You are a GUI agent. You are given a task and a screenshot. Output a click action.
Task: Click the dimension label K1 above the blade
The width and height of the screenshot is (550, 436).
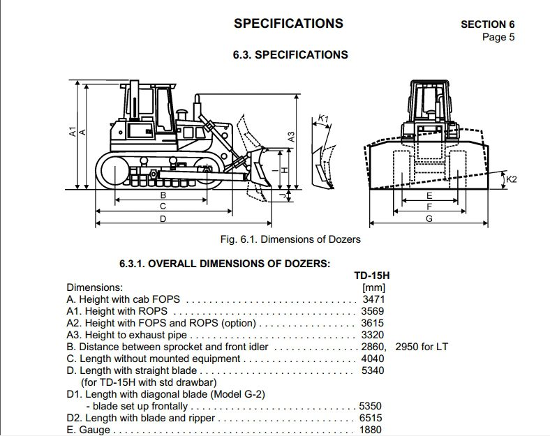tap(323, 119)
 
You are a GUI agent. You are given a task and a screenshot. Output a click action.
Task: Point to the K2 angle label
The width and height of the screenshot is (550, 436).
tap(512, 179)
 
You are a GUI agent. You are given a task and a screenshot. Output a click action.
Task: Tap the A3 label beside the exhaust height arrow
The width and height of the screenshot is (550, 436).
tap(291, 137)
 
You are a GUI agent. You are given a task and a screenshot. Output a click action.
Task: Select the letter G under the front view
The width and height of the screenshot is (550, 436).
tap(429, 219)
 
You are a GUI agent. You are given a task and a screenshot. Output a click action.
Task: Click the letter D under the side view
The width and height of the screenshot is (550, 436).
tap(163, 219)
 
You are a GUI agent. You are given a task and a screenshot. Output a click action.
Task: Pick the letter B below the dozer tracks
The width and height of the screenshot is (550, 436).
tap(163, 195)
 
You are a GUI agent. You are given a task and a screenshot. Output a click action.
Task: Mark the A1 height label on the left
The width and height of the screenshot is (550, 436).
tap(73, 132)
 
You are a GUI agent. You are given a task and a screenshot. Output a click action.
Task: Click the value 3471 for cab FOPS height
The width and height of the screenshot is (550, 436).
tap(373, 299)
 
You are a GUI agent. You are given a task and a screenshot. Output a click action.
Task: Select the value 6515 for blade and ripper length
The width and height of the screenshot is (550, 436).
tap(371, 418)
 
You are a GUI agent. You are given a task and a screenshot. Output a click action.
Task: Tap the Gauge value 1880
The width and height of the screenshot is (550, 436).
tap(371, 430)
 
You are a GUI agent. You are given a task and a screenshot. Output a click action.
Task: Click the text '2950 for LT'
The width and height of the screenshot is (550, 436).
tap(422, 347)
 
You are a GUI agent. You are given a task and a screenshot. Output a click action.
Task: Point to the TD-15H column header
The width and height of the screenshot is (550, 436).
tap(372, 276)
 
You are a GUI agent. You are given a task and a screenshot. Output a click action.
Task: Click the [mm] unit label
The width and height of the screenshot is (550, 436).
tap(373, 287)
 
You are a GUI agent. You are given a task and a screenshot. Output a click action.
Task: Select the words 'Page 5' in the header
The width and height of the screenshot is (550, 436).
tap(498, 37)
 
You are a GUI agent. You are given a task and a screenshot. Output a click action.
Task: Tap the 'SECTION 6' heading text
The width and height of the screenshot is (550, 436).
tap(488, 24)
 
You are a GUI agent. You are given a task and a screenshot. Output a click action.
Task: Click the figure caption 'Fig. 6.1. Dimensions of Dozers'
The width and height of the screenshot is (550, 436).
tap(290, 239)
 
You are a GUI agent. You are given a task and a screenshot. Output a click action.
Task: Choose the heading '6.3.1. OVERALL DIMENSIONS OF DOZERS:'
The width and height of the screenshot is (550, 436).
tap(225, 264)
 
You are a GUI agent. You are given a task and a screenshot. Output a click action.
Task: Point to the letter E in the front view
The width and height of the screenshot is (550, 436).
tap(429, 195)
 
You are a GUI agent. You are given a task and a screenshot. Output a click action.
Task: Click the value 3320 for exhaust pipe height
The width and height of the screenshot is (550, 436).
tap(373, 335)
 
